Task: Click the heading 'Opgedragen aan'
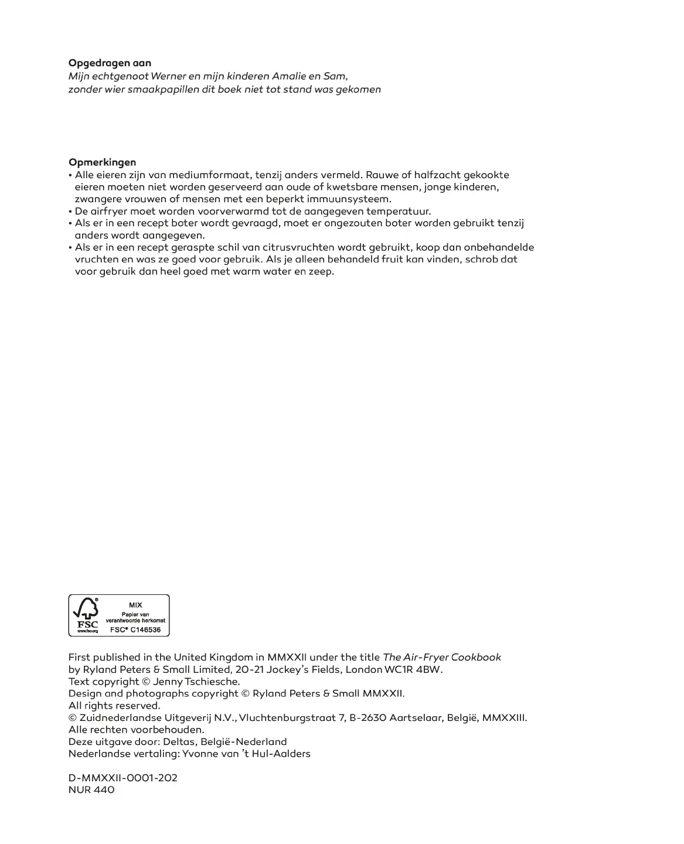[110, 63]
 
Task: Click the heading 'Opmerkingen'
[102, 162]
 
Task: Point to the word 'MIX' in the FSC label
[135, 605]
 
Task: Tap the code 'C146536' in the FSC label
[145, 629]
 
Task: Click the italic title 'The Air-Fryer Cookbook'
[441, 658]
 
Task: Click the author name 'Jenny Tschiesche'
[196, 682]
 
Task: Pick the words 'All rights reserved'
[114, 706]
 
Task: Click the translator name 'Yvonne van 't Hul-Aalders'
[246, 754]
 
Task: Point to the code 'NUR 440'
[91, 789]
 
